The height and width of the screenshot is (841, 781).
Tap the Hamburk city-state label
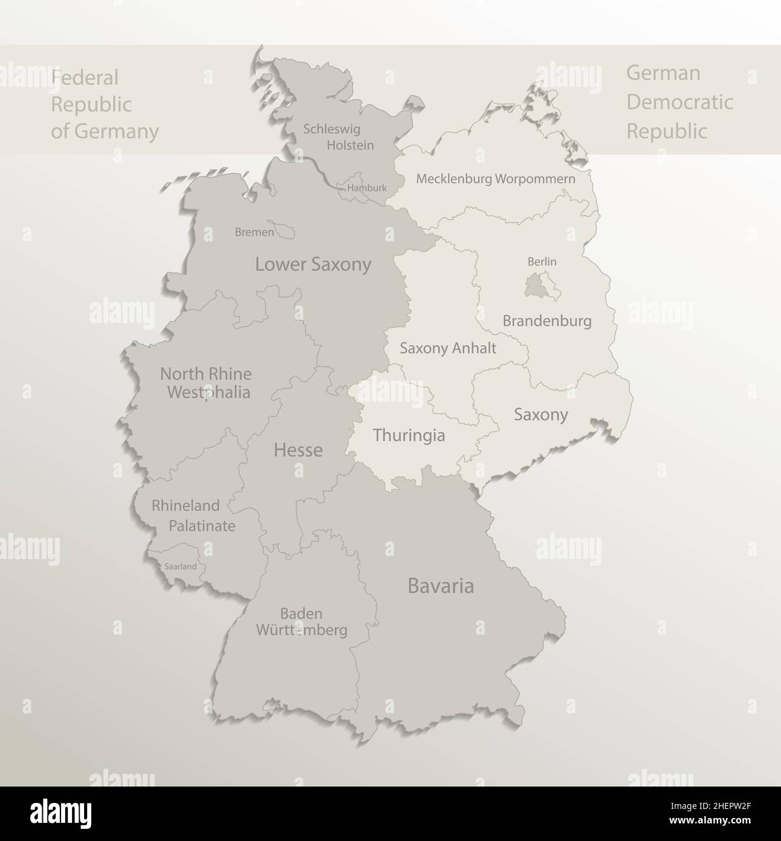pos(367,188)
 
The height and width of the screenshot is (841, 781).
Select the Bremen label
pos(254,232)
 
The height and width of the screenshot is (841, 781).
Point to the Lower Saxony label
pos(313,264)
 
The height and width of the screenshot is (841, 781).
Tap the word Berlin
pos(542,261)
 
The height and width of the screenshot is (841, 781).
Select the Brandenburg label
pos(546,321)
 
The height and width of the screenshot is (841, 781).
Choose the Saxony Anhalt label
pos(448,348)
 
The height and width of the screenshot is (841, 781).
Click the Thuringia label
pos(409,435)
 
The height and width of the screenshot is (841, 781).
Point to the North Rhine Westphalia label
pos(206,382)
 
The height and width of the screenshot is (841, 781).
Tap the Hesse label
pos(298,450)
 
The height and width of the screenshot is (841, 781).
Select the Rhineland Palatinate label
pos(193,515)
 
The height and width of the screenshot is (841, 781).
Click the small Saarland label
pos(180,567)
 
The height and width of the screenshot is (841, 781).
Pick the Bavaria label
pos(441,586)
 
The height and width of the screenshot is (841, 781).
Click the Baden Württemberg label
pos(302,622)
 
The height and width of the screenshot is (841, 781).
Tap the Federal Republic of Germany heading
pos(105,104)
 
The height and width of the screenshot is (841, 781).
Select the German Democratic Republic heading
pos(679,102)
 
